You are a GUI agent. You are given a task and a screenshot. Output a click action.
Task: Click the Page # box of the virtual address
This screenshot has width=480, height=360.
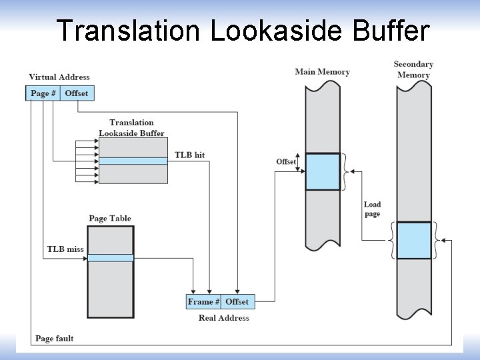tap(43, 93)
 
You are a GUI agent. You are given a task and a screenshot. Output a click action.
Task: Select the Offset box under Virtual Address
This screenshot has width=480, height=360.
tap(77, 93)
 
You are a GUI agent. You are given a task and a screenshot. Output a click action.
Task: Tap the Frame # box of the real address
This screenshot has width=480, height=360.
tap(203, 301)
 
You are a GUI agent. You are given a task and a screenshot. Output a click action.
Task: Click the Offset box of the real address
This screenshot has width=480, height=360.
tap(237, 301)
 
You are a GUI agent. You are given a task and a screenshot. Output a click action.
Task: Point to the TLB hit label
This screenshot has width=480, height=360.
tap(189, 155)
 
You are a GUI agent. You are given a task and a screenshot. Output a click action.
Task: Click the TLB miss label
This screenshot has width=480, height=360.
tap(65, 249)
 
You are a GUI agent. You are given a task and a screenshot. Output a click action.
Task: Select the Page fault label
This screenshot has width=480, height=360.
tap(55, 339)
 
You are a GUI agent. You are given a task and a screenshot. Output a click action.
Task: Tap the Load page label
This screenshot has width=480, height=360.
tap(373, 209)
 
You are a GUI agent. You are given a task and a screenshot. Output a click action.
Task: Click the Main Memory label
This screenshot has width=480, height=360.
tap(322, 72)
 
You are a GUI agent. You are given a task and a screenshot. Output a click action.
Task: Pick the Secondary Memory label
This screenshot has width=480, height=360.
tap(413, 69)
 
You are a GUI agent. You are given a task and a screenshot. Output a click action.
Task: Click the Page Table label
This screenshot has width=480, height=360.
tap(110, 219)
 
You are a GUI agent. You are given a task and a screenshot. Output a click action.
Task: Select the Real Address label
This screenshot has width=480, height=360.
tap(224, 318)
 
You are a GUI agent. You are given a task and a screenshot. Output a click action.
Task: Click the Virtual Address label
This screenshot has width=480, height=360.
tap(59, 77)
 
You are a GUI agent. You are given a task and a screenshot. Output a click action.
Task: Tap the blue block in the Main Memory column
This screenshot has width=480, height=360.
tap(323, 171)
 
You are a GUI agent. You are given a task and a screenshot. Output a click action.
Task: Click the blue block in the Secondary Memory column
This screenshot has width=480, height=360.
tap(413, 240)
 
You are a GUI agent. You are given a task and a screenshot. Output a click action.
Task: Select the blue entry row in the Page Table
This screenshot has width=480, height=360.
tap(111, 258)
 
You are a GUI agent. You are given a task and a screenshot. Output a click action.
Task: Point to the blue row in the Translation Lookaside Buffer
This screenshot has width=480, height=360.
tap(133, 161)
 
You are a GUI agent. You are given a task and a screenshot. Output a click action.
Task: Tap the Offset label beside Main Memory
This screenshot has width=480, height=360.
tap(286, 162)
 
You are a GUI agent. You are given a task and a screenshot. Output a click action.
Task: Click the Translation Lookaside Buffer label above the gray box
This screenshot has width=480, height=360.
tap(131, 127)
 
